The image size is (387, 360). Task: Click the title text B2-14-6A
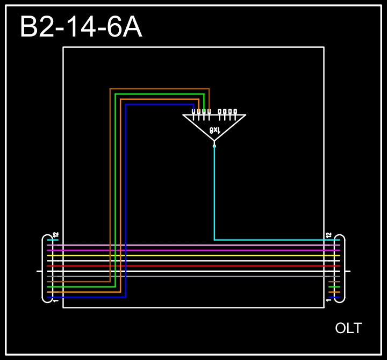click(81, 27)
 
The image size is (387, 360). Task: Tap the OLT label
click(348, 328)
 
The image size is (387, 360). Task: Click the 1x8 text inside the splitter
click(214, 130)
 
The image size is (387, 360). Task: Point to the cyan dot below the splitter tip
click(214, 146)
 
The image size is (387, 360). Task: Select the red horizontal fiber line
click(193, 266)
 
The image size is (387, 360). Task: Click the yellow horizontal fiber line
click(193, 256)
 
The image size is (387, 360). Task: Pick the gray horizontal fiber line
click(193, 276)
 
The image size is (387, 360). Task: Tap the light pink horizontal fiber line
click(193, 245)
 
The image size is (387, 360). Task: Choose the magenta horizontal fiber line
click(193, 250)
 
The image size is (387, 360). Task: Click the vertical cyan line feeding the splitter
click(214, 193)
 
